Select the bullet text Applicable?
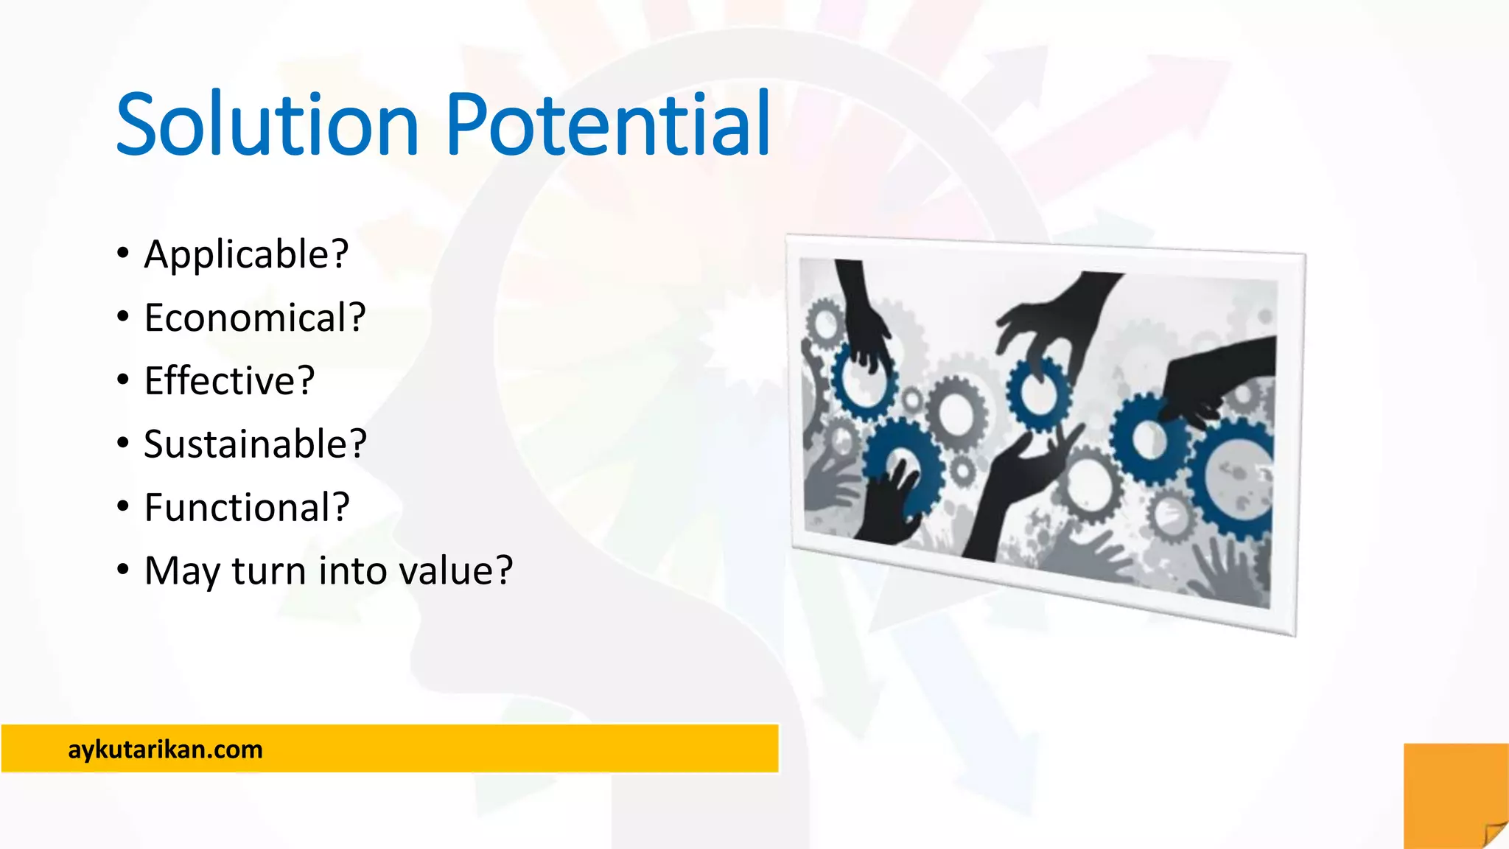click(x=246, y=255)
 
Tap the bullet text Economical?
click(x=255, y=318)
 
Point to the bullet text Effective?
click(x=229, y=381)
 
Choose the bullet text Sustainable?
click(x=255, y=444)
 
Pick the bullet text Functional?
click(x=247, y=508)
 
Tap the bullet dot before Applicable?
click(x=123, y=254)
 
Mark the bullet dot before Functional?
click(x=123, y=507)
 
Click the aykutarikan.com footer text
click(x=165, y=750)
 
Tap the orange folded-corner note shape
click(x=1455, y=796)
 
